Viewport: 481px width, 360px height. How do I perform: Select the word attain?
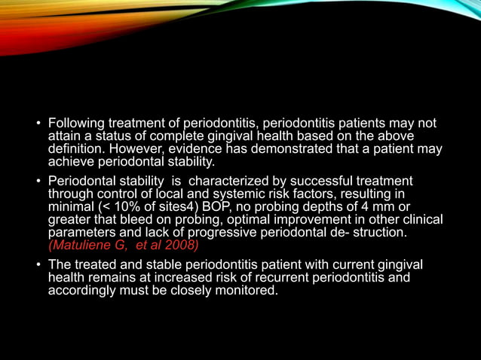pyautogui.click(x=63, y=136)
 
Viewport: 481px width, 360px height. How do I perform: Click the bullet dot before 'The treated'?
pyautogui.click(x=38, y=265)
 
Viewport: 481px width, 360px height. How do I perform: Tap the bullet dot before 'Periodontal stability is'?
pyautogui.click(x=38, y=182)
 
